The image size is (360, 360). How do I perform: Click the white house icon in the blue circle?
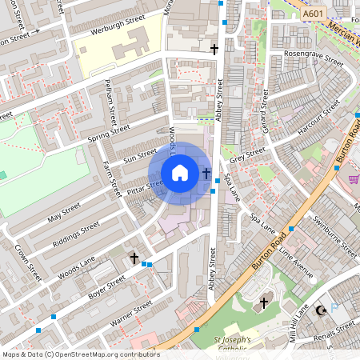click(x=180, y=173)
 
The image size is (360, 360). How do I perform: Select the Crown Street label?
click(x=29, y=262)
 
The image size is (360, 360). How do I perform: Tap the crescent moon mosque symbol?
click(x=323, y=310)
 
